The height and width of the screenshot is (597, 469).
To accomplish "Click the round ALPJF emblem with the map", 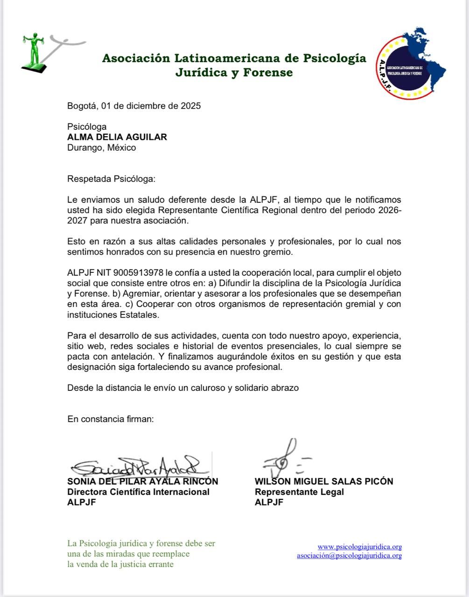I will (410, 63).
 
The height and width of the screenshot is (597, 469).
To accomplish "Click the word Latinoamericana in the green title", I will (228, 58).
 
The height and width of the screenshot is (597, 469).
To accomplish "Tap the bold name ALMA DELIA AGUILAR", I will (117, 137).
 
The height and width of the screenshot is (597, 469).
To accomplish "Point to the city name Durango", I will (85, 148).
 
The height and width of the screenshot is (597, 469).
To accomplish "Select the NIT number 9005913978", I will (139, 273).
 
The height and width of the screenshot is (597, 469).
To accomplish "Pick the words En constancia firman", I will (111, 419).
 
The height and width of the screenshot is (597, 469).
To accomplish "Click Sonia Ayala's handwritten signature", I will (138, 464).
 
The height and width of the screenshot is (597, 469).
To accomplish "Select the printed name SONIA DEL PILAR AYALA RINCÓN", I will (143, 481).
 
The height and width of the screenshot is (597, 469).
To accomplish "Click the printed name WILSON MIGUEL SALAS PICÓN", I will (324, 481).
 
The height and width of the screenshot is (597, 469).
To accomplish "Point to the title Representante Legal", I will (299, 492).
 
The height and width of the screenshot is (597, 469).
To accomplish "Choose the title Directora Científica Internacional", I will (139, 492).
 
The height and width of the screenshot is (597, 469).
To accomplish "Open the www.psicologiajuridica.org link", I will (359, 547).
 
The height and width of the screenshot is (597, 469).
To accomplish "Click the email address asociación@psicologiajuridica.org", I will (349, 555).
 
